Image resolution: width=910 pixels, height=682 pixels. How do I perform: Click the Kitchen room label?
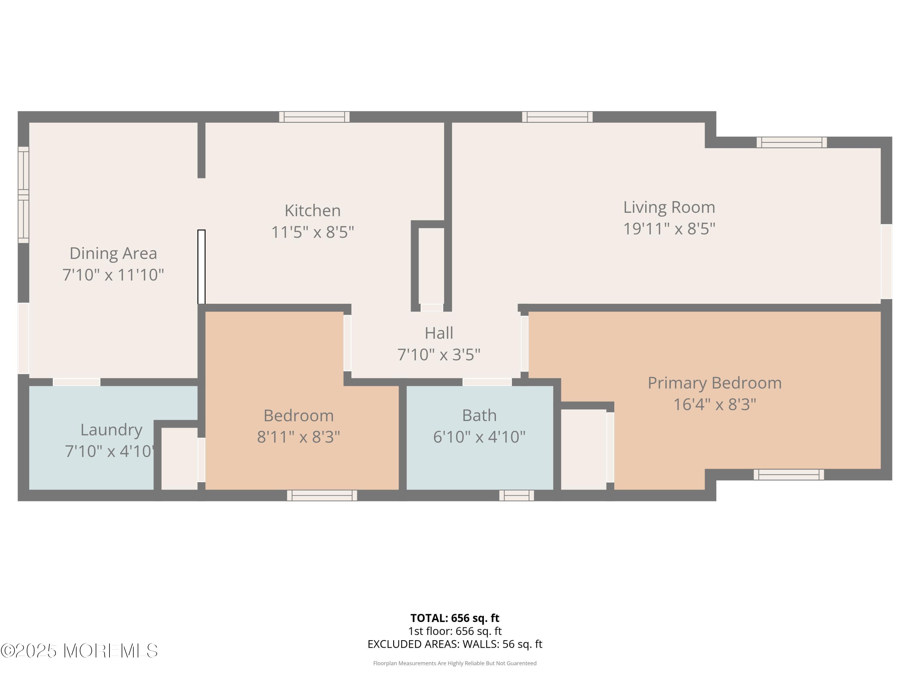313,210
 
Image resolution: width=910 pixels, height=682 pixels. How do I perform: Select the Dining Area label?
113,253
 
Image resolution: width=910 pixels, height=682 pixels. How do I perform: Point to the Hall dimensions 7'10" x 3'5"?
439,354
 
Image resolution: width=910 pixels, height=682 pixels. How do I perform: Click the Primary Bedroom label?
715,383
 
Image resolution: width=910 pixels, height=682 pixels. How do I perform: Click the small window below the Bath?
517,495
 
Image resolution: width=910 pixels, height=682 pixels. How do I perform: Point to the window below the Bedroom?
322,495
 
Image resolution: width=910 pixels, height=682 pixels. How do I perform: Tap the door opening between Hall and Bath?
487,382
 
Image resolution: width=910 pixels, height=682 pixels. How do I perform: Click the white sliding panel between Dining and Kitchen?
202,266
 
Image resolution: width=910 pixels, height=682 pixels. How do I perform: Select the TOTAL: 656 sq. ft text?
455,618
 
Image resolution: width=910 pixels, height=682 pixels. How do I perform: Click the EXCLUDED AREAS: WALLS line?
455,644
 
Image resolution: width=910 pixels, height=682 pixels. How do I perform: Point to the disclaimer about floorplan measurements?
455,663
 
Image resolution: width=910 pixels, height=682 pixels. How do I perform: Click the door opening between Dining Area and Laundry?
76,382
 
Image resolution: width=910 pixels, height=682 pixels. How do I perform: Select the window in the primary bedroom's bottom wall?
789,474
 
